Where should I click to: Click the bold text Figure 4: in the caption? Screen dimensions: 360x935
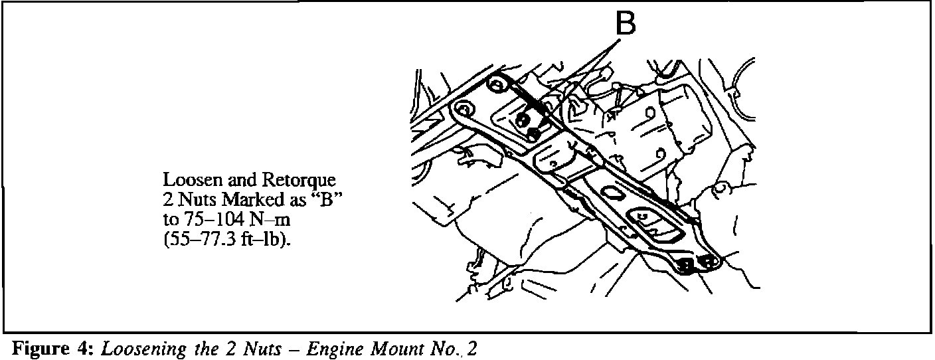click(x=53, y=349)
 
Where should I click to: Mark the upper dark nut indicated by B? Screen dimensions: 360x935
click(x=524, y=120)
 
